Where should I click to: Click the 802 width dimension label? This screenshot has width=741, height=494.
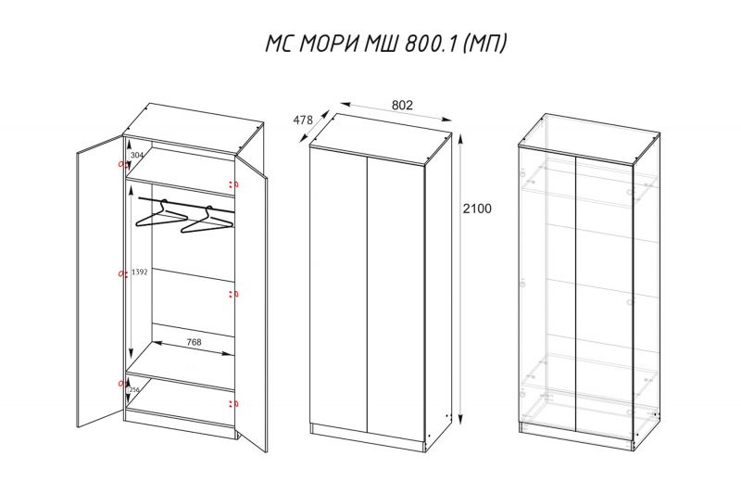pos(402,105)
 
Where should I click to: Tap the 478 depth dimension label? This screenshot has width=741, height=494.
pos(303,120)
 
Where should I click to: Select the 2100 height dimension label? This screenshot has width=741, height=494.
pos(477,209)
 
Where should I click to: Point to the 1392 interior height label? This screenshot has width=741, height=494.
pos(140,272)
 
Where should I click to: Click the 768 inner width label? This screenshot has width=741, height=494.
pos(194,342)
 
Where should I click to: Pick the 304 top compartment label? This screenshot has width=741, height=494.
pos(136,155)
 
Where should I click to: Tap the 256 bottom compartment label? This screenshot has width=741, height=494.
pos(134,389)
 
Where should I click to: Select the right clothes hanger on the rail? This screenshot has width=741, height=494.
pos(207,221)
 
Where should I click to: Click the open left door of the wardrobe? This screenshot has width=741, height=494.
pos(100,282)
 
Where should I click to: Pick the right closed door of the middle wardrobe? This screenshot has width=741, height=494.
pos(396,303)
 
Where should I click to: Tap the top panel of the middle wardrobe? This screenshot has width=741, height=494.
pos(381,139)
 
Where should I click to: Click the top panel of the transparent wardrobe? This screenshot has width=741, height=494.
pos(589,139)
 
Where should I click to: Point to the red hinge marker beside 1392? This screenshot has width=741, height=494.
pos(122,273)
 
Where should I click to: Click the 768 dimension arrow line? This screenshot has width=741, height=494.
pos(194,348)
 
